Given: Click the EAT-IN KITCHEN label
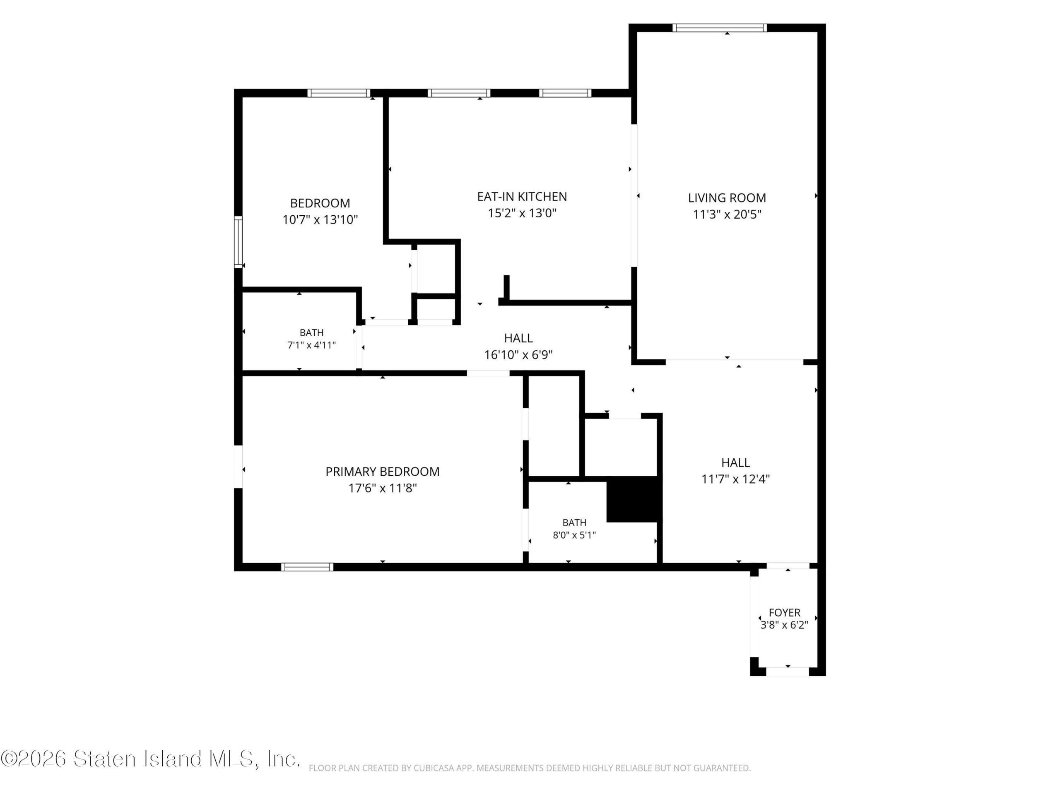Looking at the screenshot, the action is click(522, 197).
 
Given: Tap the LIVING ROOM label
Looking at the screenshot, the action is click(727, 198).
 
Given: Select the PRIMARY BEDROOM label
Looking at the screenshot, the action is click(383, 472).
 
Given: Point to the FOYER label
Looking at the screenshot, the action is click(785, 612).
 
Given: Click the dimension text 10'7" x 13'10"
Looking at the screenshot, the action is click(320, 219).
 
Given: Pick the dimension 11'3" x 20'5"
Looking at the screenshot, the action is click(727, 214).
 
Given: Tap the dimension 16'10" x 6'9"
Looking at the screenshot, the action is click(518, 354).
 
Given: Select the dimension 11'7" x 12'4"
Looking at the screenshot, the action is click(735, 479).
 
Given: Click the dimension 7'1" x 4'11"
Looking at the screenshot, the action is click(311, 345).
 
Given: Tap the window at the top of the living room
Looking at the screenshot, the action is click(719, 28).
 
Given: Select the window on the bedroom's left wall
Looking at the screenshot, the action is click(238, 242).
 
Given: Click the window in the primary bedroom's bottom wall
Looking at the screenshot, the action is click(307, 567).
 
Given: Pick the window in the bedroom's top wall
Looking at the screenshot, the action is click(339, 93).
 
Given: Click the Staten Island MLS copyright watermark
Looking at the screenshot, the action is click(150, 759).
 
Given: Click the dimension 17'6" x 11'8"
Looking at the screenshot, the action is click(383, 488).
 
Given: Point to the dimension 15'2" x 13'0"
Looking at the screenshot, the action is click(522, 213).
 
